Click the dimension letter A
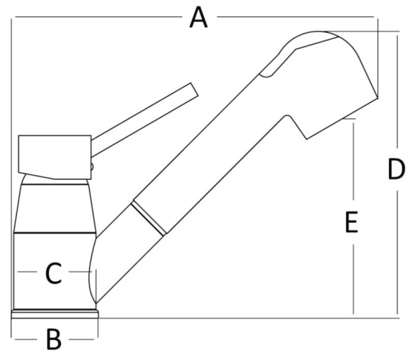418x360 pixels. coord(198,18)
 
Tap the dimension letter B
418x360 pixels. coord(54,339)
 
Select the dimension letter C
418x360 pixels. coord(53,272)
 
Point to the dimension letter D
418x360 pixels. coord(396,169)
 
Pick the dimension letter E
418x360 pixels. coord(351,222)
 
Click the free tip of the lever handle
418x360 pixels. coord(195,90)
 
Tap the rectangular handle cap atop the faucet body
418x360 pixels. coord(55,157)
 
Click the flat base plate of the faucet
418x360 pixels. coord(55,314)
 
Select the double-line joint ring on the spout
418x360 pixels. coord(148,219)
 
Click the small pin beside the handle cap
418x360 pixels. coord(92,166)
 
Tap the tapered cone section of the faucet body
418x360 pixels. coord(55,208)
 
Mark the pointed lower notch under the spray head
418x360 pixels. coord(306,139)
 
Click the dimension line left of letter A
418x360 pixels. coord(98,17)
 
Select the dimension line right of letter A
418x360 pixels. coord(296,17)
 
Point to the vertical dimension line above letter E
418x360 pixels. coord(353,162)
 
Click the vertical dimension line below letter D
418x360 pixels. coord(397,253)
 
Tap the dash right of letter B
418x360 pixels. coord(82,339)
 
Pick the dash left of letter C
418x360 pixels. coord(27,272)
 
